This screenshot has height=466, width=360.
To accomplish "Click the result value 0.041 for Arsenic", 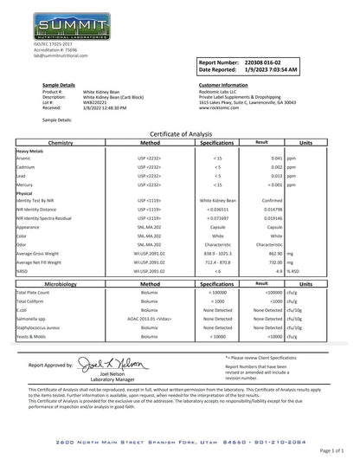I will pyautogui.click(x=276, y=159).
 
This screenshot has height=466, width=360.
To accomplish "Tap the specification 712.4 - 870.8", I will pyautogui.click(x=212, y=260).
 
